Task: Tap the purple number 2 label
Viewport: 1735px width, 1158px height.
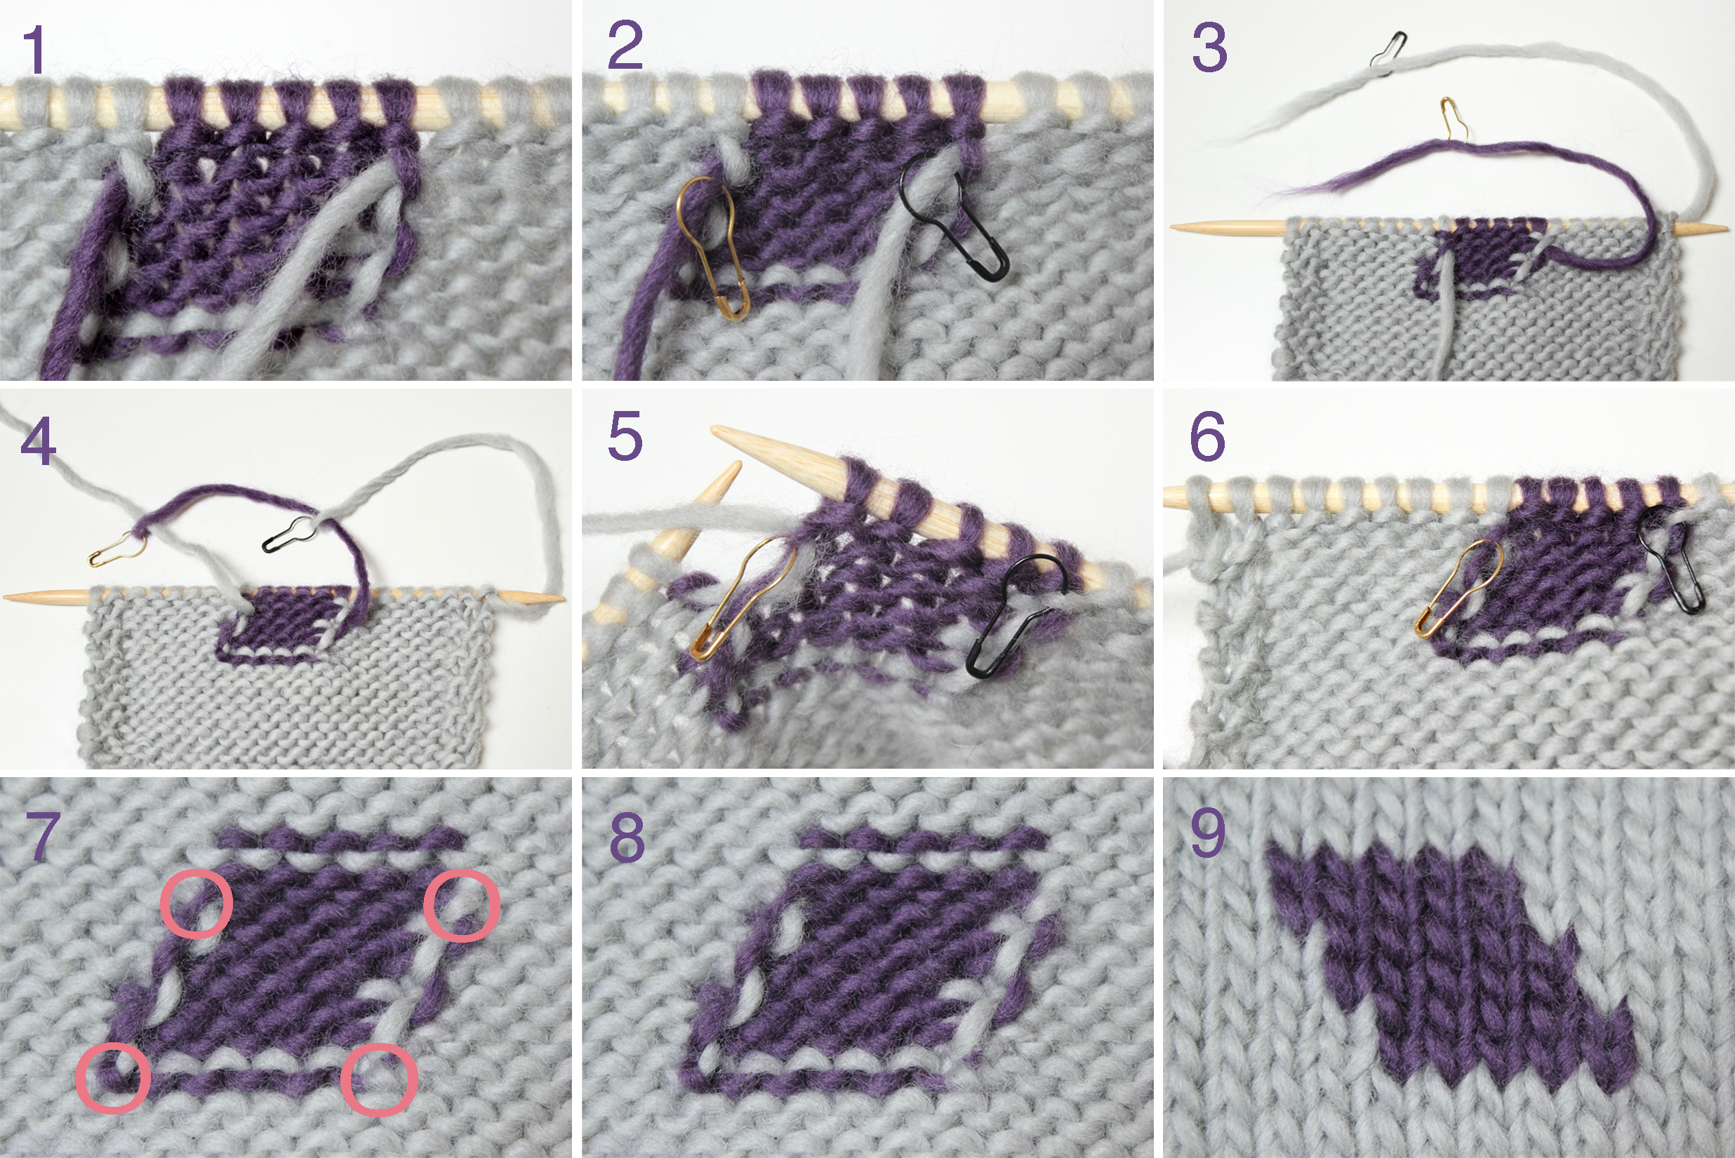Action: pyautogui.click(x=625, y=46)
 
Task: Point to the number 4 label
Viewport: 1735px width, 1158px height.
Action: pyautogui.click(x=39, y=441)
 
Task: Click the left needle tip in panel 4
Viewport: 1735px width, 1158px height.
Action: pyautogui.click(x=6, y=596)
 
